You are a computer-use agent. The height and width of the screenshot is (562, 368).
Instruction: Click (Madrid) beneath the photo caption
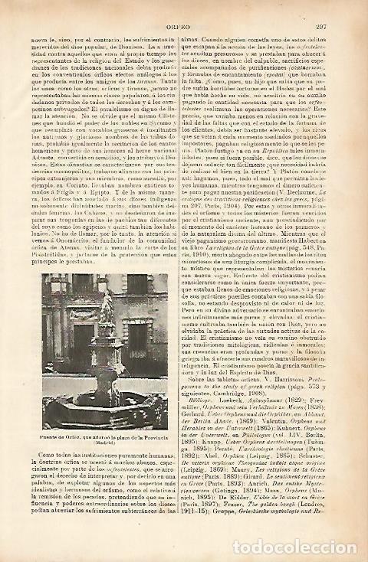pos(105,442)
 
